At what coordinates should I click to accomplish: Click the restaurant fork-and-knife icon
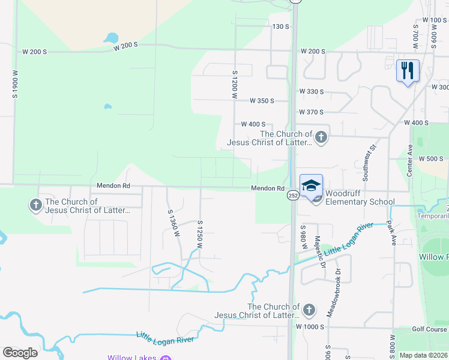[408, 71]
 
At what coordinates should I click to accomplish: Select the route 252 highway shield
[292, 195]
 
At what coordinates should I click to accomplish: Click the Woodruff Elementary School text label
[360, 198]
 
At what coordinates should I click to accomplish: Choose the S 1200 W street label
[235, 83]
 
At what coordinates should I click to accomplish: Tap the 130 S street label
[280, 27]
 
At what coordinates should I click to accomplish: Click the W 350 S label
[262, 101]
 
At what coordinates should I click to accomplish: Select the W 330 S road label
[311, 92]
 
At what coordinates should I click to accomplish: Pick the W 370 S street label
[311, 112]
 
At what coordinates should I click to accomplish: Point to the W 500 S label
[430, 159]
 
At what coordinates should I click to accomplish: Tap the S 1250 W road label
[199, 235]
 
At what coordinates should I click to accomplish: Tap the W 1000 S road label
[310, 327]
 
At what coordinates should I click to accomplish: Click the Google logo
[20, 352]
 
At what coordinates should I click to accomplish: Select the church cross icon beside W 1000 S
[309, 310]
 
